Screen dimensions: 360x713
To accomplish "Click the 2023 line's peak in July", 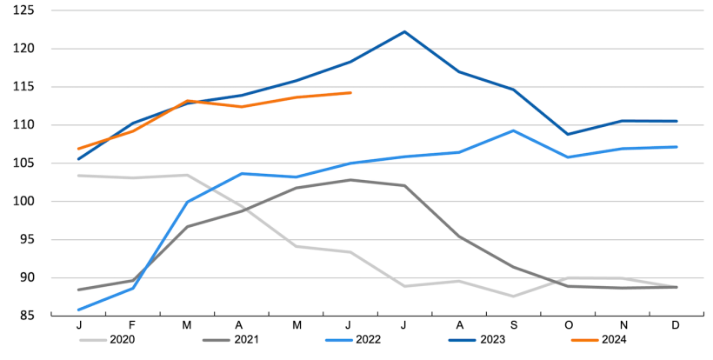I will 405,32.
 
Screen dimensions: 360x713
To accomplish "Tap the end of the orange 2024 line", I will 350,92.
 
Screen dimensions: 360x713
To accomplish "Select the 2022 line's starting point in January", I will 79,310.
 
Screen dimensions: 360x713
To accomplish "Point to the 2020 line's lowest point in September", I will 514,297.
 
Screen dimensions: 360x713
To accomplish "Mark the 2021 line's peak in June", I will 350,180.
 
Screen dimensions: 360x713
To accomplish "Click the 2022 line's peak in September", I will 514,130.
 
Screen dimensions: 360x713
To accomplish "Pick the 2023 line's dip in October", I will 568,134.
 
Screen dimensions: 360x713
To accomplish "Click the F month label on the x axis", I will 133,325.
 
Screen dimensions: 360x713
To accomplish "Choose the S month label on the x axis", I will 514,325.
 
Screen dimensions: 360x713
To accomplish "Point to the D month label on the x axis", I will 676,325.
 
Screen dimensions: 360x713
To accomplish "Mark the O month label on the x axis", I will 568,325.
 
